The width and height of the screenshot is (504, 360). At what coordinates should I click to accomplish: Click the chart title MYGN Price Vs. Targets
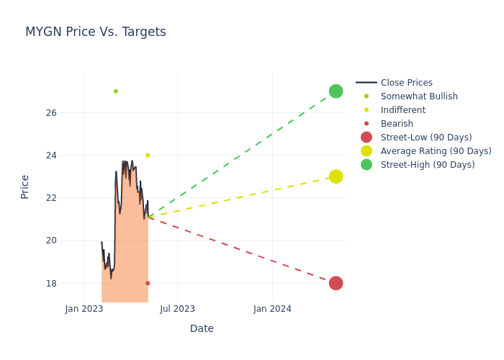click(96, 32)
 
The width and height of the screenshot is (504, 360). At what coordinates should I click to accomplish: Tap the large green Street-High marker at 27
click(336, 91)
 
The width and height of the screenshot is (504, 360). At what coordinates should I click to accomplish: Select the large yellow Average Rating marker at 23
click(336, 176)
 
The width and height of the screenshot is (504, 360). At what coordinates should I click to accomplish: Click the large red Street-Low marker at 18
click(336, 283)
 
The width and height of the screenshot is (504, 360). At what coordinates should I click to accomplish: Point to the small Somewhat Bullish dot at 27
click(115, 91)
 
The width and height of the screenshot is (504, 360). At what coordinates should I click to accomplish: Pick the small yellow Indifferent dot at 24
click(148, 155)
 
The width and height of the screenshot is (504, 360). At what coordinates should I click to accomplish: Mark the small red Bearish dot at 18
click(148, 283)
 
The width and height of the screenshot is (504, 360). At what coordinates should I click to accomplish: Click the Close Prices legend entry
click(406, 83)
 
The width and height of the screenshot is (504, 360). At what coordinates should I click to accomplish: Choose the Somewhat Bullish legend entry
click(419, 96)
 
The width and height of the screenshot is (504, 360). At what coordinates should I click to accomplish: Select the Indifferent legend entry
click(402, 110)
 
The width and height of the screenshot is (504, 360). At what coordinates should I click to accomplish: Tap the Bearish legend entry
click(397, 124)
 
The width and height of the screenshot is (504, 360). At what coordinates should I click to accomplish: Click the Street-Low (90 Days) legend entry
click(426, 138)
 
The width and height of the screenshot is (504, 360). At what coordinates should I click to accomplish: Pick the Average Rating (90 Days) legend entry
click(436, 151)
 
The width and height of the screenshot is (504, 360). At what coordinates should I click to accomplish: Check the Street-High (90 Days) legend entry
click(427, 165)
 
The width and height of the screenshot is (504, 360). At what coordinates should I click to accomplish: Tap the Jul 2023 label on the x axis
click(177, 309)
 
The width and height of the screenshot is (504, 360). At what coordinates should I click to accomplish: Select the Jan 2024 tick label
click(272, 309)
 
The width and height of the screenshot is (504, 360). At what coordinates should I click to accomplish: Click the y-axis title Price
click(25, 186)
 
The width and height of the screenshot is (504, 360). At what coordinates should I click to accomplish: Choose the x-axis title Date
click(202, 328)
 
